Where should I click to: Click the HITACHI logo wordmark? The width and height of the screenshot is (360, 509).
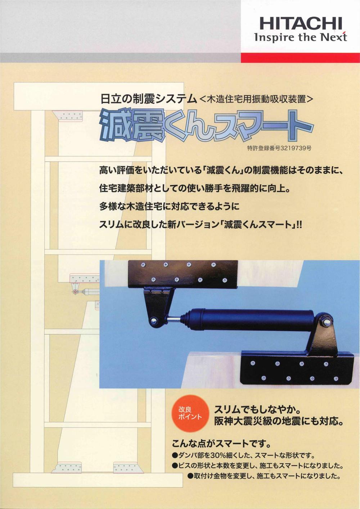[300, 24]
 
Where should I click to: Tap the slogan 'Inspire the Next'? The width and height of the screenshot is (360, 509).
[300, 37]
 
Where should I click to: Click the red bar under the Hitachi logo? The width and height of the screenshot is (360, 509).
[300, 58]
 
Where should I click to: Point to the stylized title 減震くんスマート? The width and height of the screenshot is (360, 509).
[205, 126]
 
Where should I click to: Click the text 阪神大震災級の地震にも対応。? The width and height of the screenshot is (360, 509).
[278, 421]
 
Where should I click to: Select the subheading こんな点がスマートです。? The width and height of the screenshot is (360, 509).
[221, 442]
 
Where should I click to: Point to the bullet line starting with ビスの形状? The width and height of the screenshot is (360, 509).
[257, 465]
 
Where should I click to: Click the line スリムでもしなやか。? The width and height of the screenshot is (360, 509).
[257, 410]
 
